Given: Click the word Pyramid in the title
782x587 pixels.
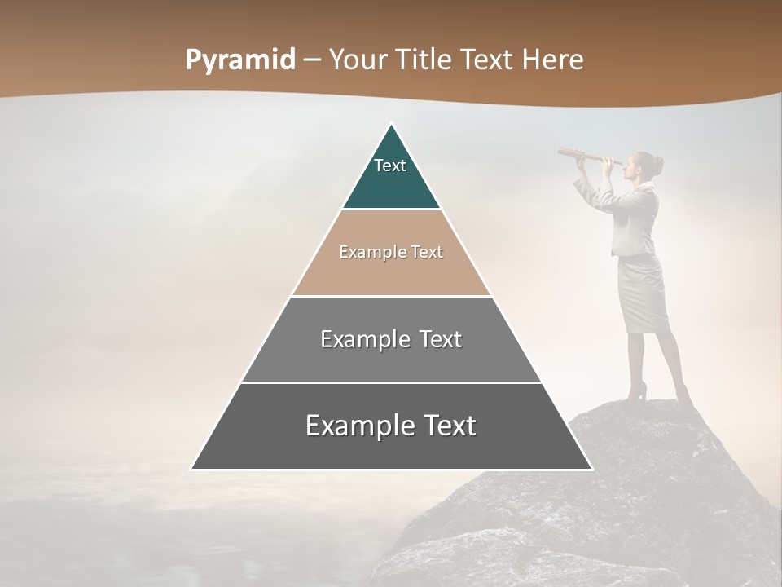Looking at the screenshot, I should [239, 60].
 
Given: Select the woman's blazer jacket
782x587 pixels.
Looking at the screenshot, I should [635, 216].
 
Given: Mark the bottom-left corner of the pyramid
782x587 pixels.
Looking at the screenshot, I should [192, 469].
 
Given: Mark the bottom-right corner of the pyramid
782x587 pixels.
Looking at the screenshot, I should [591, 469].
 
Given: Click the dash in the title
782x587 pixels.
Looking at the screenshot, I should [312, 60].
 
